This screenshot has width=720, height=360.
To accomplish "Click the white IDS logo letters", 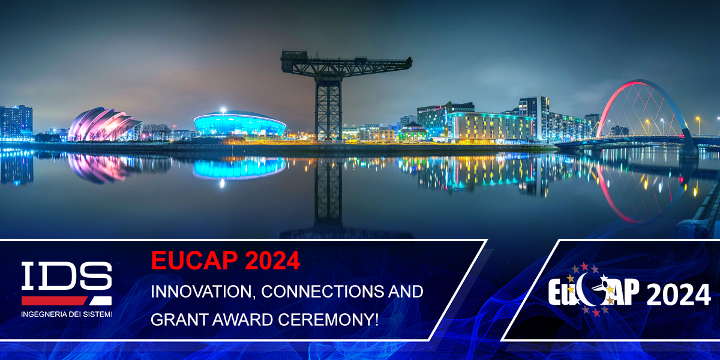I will (66, 277).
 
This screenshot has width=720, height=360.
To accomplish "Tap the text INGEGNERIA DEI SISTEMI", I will (66, 314).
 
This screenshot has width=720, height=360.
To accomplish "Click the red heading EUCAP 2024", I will (225, 261).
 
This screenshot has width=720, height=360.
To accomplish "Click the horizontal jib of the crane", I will (347, 62).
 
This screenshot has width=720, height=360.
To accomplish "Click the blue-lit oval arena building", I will (239, 124).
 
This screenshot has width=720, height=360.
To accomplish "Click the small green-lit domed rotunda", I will (412, 132).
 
